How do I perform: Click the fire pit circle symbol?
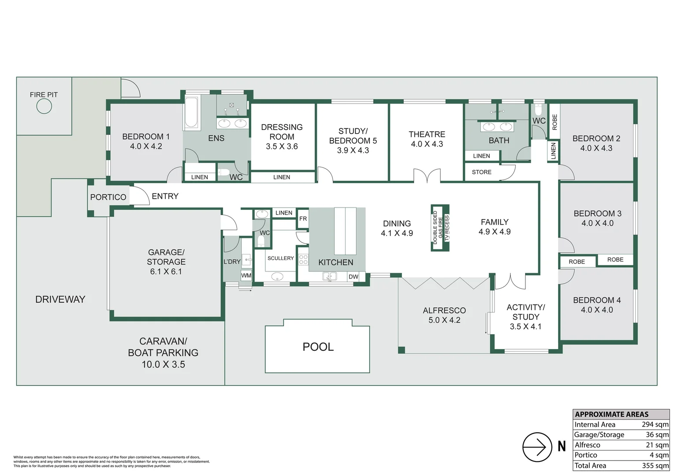click(x=44, y=106)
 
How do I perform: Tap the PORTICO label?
click(x=108, y=197)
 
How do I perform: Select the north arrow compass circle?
click(x=537, y=447)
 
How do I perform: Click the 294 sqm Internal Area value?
click(x=655, y=424)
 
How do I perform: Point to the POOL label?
click(x=318, y=347)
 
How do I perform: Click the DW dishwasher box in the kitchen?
click(x=354, y=276)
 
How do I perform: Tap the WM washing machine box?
click(x=246, y=275)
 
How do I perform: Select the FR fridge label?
click(x=303, y=219)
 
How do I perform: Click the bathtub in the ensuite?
click(x=191, y=112)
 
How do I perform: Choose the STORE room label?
click(x=481, y=172)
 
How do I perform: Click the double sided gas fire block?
click(x=440, y=228)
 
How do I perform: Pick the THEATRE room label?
click(x=427, y=134)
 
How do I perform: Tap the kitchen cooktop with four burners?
click(x=303, y=260)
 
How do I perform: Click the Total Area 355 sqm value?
click(x=655, y=465)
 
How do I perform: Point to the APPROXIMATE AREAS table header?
click(x=612, y=414)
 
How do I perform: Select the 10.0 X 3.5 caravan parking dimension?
click(x=164, y=364)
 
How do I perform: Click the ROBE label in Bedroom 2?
click(x=555, y=122)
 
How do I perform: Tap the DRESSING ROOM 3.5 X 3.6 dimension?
click(x=282, y=146)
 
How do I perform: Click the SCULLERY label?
click(x=280, y=258)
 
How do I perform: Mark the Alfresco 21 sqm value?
click(x=658, y=445)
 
